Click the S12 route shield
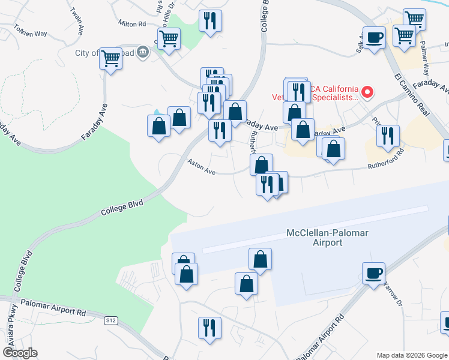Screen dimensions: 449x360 [110, 320]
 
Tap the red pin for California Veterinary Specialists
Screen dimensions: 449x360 [367, 92]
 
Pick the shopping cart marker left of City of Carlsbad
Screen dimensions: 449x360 [110, 58]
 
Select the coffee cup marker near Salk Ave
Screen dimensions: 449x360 [375, 38]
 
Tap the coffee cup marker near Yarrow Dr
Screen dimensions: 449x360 [373, 274]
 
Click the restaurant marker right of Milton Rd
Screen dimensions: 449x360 [210, 22]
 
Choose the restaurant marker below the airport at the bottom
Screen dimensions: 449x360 [209, 328]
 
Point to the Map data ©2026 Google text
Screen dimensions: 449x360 [411, 355]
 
